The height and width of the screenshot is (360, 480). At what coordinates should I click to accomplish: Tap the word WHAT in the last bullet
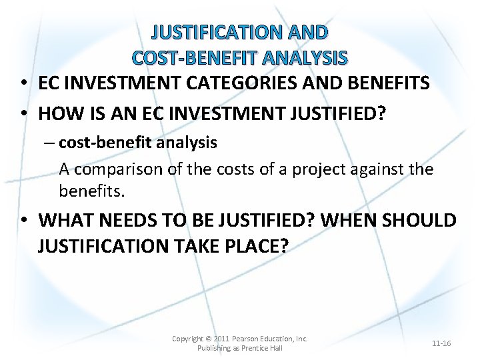click(66, 220)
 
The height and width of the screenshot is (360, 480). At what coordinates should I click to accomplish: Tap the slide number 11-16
click(441, 343)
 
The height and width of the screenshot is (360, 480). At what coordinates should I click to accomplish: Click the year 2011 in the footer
click(221, 339)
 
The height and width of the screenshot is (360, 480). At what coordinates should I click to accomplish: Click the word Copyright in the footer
click(187, 339)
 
